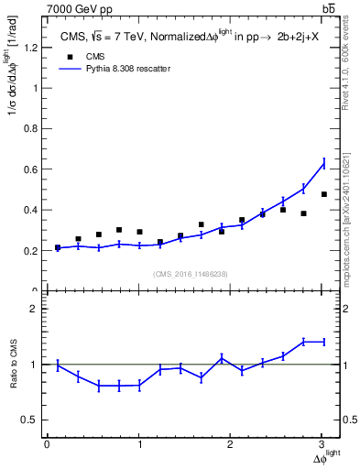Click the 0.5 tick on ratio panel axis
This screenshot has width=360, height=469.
point(31,420)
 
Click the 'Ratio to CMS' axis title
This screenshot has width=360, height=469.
point(14,365)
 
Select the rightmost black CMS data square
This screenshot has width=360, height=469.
point(323,194)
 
